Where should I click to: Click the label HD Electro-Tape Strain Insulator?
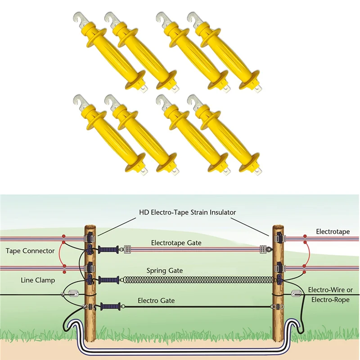(187, 212)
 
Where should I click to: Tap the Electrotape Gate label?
(176, 243)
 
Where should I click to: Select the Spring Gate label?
(165, 271)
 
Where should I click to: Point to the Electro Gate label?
(156, 301)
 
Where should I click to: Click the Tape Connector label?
(30, 251)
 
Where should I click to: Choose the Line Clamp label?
(38, 280)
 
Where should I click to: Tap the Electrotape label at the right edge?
(333, 231)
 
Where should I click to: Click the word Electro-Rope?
(330, 300)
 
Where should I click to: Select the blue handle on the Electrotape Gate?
(108, 250)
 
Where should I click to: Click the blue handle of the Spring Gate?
(109, 280)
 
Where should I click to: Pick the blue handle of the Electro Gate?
(111, 306)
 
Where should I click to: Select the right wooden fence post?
(278, 283)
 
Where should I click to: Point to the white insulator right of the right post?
(296, 293)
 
